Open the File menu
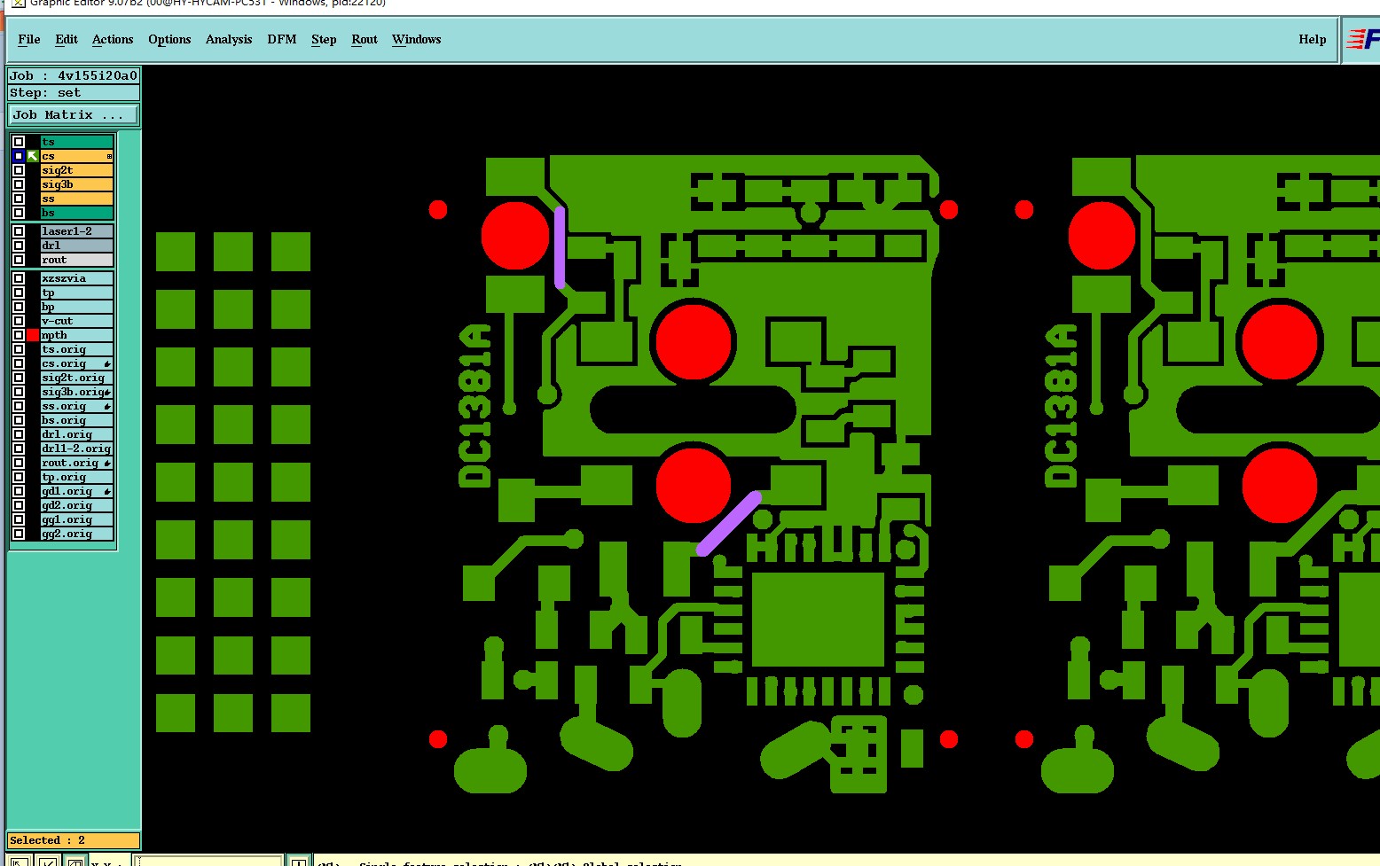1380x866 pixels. pyautogui.click(x=29, y=40)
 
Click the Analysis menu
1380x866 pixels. pyautogui.click(x=229, y=40)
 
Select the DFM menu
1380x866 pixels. pyautogui.click(x=282, y=40)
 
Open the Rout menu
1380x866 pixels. pyautogui.click(x=365, y=40)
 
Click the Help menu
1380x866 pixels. pyautogui.click(x=1312, y=40)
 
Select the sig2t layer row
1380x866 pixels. pyautogui.click(x=76, y=170)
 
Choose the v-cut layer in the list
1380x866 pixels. pyautogui.click(x=76, y=321)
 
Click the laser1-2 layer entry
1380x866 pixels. pyautogui.click(x=76, y=231)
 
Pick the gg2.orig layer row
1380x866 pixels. pyautogui.click(x=76, y=534)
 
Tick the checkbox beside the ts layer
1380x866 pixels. pyautogui.click(x=19, y=142)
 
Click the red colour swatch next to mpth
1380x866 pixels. pyautogui.click(x=33, y=335)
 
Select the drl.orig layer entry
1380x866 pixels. pyautogui.click(x=76, y=434)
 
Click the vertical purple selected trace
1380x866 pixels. pyautogui.click(x=560, y=248)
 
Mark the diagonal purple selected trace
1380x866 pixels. pyautogui.click(x=729, y=523)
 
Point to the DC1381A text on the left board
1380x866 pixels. pyautogui.click(x=475, y=406)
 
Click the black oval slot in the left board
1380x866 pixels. pyautogui.click(x=693, y=410)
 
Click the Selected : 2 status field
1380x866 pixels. pyautogui.click(x=74, y=840)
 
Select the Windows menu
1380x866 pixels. pyautogui.click(x=416, y=40)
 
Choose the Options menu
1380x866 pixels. pyautogui.click(x=169, y=40)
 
